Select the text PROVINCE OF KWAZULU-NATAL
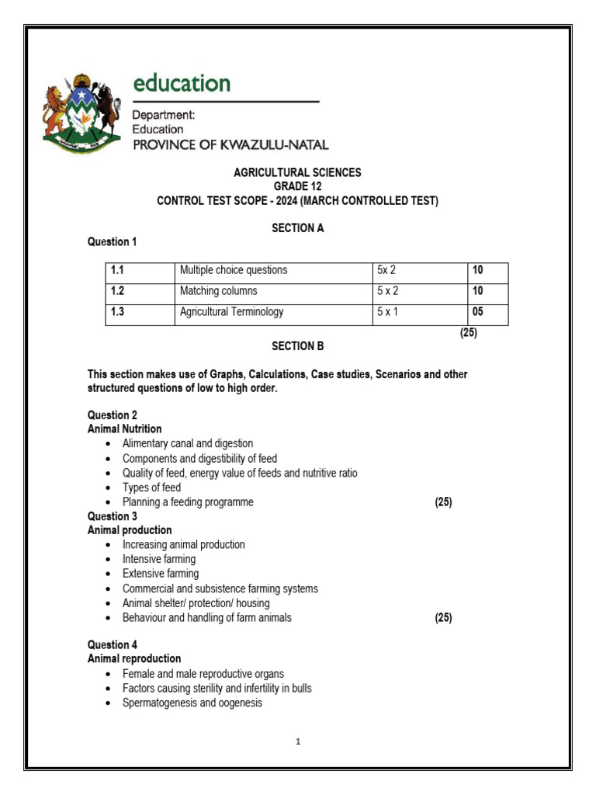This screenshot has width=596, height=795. pyautogui.click(x=230, y=144)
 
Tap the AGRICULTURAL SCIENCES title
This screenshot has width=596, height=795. pyautogui.click(x=297, y=172)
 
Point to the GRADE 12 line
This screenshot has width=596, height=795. pyautogui.click(x=297, y=186)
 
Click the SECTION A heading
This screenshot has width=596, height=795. pyautogui.click(x=297, y=228)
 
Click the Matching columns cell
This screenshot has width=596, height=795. pyautogui.click(x=219, y=291)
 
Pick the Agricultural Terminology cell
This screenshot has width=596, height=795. pyautogui.click(x=231, y=312)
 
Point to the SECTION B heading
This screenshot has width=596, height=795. pyautogui.click(x=297, y=346)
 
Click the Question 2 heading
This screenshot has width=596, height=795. pyautogui.click(x=113, y=415)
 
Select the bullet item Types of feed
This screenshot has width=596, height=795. pyautogui.click(x=151, y=488)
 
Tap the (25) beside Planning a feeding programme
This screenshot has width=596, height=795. pyautogui.click(x=443, y=502)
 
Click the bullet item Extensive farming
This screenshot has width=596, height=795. pyautogui.click(x=161, y=574)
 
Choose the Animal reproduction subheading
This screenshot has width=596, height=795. pyautogui.click(x=134, y=658)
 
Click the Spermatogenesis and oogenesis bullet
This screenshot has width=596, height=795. pyautogui.click(x=192, y=703)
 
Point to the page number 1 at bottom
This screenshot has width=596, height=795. pyautogui.click(x=297, y=741)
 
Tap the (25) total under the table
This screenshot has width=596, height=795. pyautogui.click(x=468, y=333)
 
